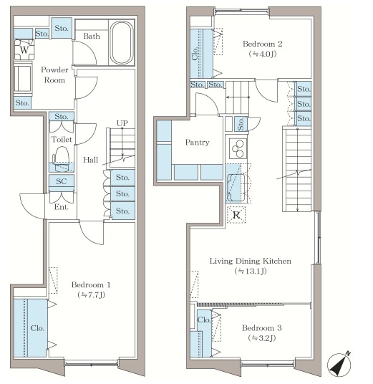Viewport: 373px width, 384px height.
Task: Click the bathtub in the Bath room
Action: click(x=122, y=42)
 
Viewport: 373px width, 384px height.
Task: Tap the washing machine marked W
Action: click(x=24, y=49)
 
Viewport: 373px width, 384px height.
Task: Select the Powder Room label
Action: click(x=54, y=75)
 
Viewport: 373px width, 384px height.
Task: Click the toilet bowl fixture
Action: click(x=61, y=159)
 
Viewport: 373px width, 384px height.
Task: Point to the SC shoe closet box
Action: click(x=61, y=181)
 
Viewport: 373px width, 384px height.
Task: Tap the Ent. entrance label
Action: click(x=61, y=207)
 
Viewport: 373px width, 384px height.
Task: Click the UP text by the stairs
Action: click(x=122, y=123)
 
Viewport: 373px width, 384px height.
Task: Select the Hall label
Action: click(x=90, y=160)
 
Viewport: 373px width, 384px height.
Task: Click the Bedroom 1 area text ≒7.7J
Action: click(x=92, y=295)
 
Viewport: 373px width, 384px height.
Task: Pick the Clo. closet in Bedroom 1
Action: click(x=30, y=327)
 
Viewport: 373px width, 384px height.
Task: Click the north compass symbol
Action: click(x=340, y=364)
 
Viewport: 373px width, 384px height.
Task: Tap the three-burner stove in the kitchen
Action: click(x=238, y=148)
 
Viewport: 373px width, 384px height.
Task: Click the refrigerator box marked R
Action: click(x=236, y=215)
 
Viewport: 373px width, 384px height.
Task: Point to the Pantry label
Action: click(x=198, y=143)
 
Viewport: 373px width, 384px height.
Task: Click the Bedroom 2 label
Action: click(x=262, y=44)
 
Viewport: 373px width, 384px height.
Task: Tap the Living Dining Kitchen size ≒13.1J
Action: click(x=251, y=271)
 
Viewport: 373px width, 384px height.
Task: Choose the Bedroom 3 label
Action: click(x=262, y=328)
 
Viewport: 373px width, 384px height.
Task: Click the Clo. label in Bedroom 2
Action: click(x=195, y=54)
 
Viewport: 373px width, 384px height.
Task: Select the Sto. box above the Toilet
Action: click(x=61, y=116)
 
